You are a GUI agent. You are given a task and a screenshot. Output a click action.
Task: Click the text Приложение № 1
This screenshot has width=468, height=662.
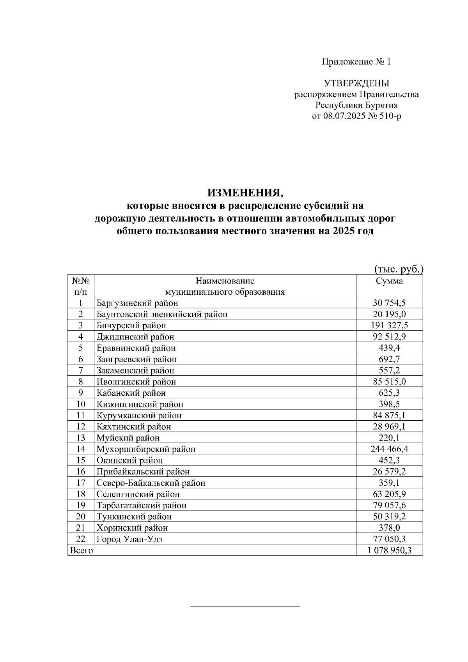(x=356, y=62)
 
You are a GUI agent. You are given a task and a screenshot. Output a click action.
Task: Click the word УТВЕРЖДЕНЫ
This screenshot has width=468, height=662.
(x=356, y=83)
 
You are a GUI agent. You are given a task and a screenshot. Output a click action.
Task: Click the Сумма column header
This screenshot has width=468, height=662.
(x=389, y=281)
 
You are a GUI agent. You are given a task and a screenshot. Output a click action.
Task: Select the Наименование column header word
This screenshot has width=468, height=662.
(x=225, y=281)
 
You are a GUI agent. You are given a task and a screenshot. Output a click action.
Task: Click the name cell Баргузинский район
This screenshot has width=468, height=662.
(x=137, y=303)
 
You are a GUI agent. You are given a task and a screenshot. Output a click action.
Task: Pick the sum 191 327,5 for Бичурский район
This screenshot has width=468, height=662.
(x=390, y=326)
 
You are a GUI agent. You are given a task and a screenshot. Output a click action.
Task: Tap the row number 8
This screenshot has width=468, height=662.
(x=81, y=382)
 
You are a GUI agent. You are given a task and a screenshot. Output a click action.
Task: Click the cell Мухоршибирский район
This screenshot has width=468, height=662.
(x=146, y=449)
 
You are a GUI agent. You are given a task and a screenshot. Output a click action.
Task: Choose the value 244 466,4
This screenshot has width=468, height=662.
(x=389, y=449)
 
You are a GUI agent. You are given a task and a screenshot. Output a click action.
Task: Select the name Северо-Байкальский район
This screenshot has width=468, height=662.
(x=151, y=483)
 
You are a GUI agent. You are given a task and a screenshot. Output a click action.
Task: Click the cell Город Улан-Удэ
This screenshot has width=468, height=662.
(x=129, y=539)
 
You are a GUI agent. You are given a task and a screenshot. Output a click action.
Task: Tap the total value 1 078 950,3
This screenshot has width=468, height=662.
(x=389, y=550)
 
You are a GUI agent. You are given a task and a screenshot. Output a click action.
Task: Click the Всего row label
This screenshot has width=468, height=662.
(x=81, y=550)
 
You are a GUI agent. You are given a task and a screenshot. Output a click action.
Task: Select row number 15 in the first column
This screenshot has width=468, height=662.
(x=81, y=460)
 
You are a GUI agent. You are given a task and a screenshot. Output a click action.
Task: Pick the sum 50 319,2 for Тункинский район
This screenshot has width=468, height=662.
(x=389, y=517)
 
